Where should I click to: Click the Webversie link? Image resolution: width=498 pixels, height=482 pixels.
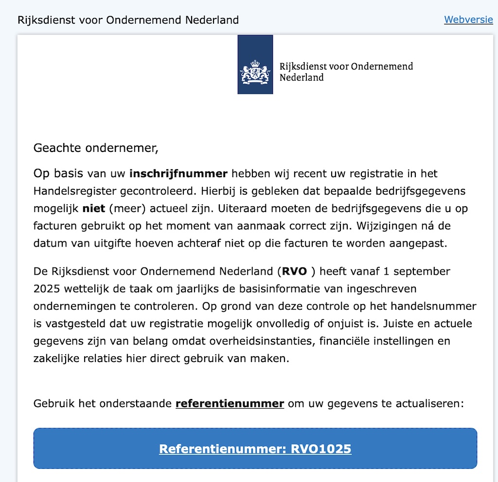click(x=468, y=20)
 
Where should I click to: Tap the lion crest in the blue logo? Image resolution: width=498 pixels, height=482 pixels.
click(x=255, y=72)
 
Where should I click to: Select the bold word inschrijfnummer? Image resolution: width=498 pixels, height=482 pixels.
click(x=178, y=173)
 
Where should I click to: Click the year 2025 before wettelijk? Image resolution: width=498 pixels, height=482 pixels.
click(x=47, y=288)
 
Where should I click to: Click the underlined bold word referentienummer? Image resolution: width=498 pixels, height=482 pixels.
click(x=230, y=403)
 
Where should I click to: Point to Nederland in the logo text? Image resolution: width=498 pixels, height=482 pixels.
click(x=302, y=78)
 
